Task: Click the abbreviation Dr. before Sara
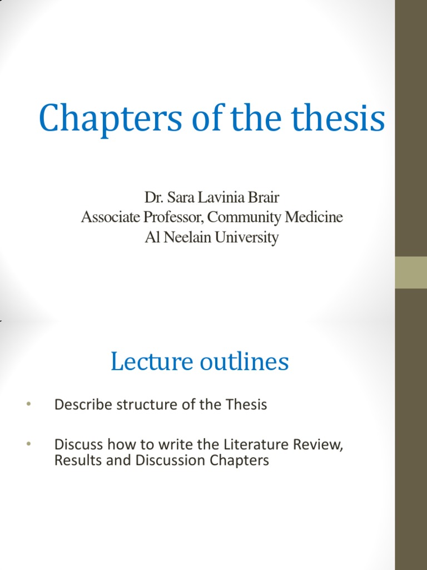coord(153,198)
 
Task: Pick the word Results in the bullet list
coord(75,461)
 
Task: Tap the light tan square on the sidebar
coord(411,272)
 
